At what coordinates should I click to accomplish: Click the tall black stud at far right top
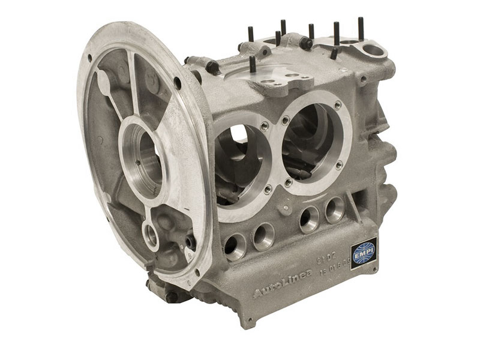click(x=361, y=29)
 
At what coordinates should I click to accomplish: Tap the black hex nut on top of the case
click(x=306, y=43)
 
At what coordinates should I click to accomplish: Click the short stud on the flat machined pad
click(x=253, y=64)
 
